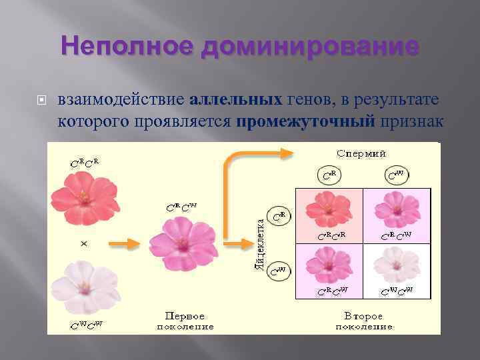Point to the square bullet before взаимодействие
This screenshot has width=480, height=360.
(x=41, y=102)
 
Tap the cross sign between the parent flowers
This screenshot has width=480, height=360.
(x=84, y=244)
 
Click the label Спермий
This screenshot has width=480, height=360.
(x=361, y=153)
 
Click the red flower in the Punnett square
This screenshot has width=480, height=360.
(x=328, y=211)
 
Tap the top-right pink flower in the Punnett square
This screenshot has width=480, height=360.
(x=396, y=211)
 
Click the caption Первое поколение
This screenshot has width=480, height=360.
(x=185, y=321)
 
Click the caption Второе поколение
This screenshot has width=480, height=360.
(x=364, y=321)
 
